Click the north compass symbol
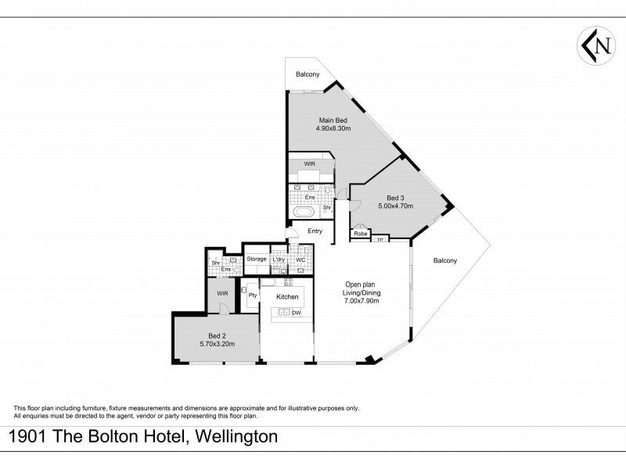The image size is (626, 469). pos(595,46)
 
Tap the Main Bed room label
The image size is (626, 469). pos(333,120)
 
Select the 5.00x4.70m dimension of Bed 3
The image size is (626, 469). pos(396,206)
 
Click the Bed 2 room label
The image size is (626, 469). pos(218,336)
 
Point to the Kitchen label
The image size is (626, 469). pos(287,297)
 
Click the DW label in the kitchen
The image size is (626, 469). pos(297,313)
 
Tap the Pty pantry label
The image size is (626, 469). pos(252,295)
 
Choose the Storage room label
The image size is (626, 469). pos(257,259)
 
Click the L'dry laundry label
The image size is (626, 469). pos(279,260)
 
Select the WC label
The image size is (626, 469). pos(300,260)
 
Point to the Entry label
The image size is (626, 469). pos(315,231)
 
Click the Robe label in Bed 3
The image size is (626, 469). pos(361,234)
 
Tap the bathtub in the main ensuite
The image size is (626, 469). pos(305,212)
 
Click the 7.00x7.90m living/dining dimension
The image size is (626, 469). pos(362,301)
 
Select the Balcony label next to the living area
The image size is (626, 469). pos(445,260)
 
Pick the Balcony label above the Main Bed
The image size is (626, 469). pos(308,74)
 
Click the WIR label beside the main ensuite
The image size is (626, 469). pos(309,164)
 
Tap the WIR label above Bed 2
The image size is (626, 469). pos(222,294)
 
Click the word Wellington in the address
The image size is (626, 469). pos(236,436)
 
